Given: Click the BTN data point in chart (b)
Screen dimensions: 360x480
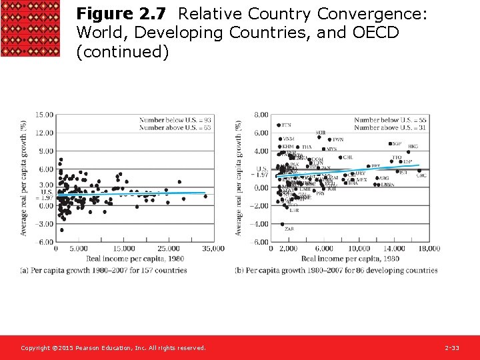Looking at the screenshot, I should (x=279, y=125).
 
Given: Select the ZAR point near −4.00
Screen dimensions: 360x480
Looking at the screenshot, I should (x=282, y=224).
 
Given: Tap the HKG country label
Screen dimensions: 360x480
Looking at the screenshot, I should (x=413, y=147).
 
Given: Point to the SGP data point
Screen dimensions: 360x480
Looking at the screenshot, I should (x=390, y=144).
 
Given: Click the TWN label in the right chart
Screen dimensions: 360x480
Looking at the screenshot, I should (x=338, y=140).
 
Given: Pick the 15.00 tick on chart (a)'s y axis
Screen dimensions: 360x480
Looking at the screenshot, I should (x=44, y=115).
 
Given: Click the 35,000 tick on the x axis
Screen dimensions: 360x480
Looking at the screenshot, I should (x=213, y=249).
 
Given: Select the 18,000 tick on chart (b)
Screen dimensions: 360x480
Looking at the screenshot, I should (x=429, y=249).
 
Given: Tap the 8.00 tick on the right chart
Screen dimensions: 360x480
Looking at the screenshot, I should (x=261, y=115).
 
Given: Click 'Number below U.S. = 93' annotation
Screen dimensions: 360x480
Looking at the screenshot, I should (x=175, y=120).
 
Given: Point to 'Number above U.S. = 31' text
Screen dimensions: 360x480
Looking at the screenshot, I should (x=390, y=127).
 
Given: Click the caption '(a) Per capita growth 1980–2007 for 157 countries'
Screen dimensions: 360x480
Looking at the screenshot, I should (x=103, y=271).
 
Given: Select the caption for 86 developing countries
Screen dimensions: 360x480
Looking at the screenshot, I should (x=336, y=271).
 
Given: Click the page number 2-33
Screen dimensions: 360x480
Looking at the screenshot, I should (x=452, y=348).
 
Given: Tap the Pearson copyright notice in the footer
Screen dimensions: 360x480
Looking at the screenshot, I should (x=113, y=348).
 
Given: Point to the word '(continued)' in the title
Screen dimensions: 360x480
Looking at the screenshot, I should (x=122, y=52).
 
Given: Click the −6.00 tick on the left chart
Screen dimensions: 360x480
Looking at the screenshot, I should (x=44, y=242).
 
